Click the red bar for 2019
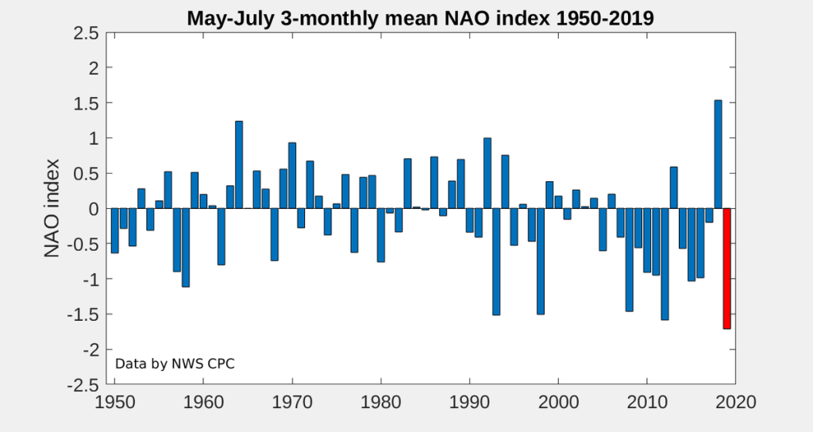pos(726,268)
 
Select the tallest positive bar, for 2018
pos(718,155)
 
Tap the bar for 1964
pos(239,165)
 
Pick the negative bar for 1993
pos(496,261)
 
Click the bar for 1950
pos(114,231)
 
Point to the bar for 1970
pos(292,175)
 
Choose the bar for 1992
pos(487,173)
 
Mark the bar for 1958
pos(186,248)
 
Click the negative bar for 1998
pos(540,261)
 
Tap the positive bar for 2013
pos(673,187)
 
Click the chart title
pos(421,18)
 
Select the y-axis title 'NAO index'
pos(52,208)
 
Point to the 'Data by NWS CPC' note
pos(175,364)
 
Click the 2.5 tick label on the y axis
pos(86,33)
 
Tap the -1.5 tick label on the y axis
pos(83,314)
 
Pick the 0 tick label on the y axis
pos(94,209)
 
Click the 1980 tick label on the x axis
pos(380,402)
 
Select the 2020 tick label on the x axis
pos(735,402)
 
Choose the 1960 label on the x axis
pos(203,402)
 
